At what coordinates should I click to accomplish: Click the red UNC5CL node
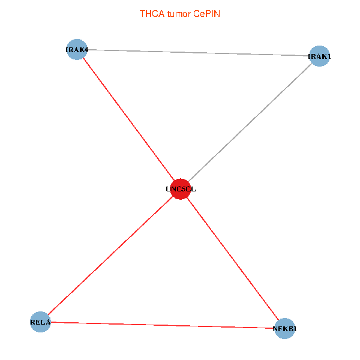coord(181,189)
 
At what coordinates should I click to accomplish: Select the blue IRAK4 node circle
coord(77,49)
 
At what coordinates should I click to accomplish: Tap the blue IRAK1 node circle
coord(319,56)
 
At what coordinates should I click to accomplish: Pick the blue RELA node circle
coord(40,322)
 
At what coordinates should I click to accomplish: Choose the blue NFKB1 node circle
coord(284,329)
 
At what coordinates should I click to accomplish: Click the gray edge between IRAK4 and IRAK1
coord(198,53)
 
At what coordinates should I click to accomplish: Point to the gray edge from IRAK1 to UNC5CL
coord(250,122)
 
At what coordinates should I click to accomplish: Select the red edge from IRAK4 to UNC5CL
coord(128,119)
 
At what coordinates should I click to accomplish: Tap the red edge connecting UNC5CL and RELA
coord(110,256)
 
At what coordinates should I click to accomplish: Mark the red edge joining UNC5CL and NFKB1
coord(233,259)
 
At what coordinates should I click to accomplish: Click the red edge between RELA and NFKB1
coord(163,325)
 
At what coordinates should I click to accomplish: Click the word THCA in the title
coord(152,14)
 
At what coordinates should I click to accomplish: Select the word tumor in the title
coord(179,14)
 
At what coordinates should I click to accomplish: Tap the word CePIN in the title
coord(206,14)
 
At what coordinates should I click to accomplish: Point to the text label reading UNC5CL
coord(181,189)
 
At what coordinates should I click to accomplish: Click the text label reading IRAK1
coord(319,56)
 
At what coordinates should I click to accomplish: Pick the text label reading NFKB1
coord(284,329)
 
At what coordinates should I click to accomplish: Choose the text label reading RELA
coord(40,322)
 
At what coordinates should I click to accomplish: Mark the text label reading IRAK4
coord(77,50)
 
